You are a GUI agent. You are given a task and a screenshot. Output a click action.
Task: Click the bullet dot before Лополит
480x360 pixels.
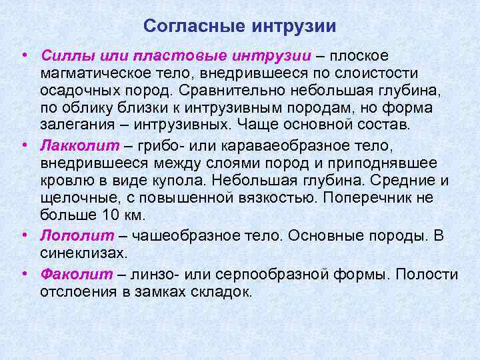[x=23, y=235]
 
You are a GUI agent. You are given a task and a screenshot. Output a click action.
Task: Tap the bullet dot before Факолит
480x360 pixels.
[x=23, y=273]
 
